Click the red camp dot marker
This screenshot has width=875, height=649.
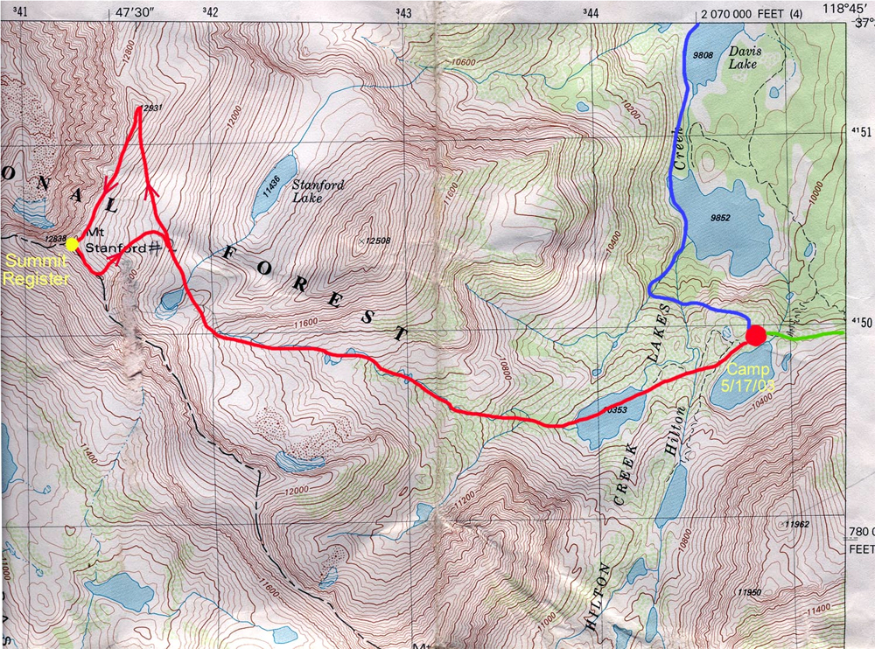click(x=757, y=335)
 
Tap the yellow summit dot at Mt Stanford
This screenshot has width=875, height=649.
click(x=73, y=245)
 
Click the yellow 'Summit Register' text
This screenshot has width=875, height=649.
click(x=34, y=270)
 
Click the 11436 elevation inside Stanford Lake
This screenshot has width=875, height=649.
click(x=270, y=180)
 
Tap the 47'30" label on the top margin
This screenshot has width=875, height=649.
click(x=134, y=12)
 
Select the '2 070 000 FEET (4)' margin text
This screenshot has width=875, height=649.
click(x=752, y=13)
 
